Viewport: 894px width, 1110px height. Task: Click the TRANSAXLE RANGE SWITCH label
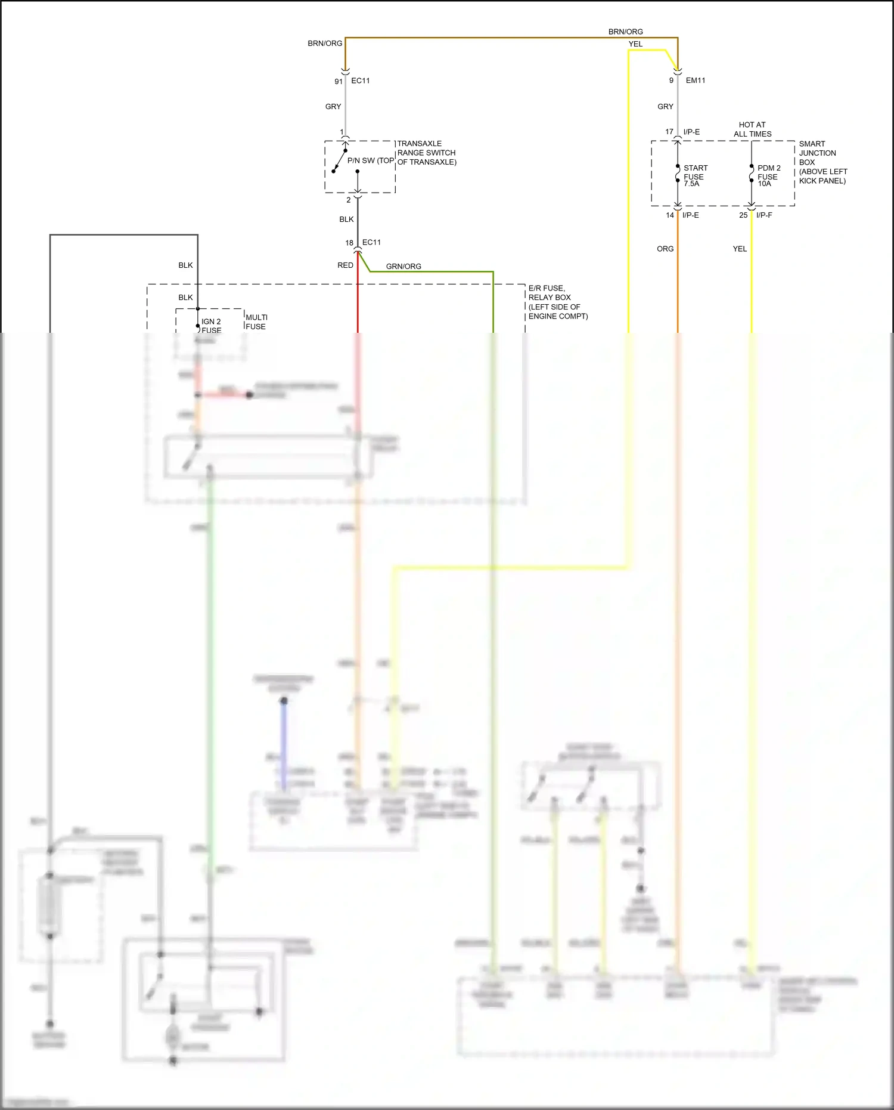tap(427, 153)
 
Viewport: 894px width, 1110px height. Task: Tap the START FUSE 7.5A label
tap(695, 175)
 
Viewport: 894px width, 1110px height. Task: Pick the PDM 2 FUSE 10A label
tap(768, 175)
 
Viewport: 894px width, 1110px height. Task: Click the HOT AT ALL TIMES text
tap(752, 129)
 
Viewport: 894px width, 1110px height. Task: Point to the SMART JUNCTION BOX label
tap(817, 153)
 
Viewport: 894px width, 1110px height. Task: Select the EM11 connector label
tap(695, 80)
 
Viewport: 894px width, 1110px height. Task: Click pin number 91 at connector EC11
tap(338, 81)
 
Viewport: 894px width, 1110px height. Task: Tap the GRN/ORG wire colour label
tap(403, 266)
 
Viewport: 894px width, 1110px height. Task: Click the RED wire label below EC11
tap(345, 265)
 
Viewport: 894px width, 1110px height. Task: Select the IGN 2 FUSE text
tap(211, 326)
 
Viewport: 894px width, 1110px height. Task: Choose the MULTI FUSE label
tap(256, 321)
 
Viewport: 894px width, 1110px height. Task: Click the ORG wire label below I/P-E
tap(665, 249)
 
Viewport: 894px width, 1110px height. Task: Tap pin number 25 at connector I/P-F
tap(743, 215)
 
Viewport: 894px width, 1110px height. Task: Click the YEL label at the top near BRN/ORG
tap(635, 44)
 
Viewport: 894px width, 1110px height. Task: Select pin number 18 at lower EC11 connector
tap(349, 243)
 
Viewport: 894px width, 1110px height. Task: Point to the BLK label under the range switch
tap(346, 219)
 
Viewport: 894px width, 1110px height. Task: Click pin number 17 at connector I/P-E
tap(669, 132)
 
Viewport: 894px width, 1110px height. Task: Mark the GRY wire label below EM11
tap(665, 106)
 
